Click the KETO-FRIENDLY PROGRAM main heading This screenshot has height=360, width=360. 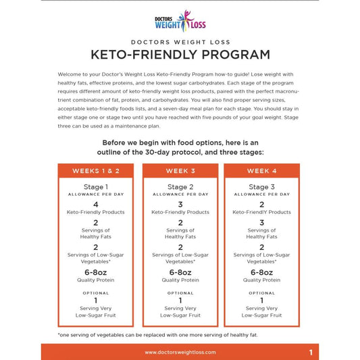180,55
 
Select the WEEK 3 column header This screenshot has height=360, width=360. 180,171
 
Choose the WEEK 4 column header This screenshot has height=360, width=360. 261,171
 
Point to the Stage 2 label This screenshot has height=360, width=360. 180,187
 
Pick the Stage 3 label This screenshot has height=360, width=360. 261,187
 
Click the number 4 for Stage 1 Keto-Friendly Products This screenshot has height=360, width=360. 95,204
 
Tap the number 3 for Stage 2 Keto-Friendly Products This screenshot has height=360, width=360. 180,204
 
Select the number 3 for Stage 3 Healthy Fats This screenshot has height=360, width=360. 261,222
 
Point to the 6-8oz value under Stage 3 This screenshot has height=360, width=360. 261,272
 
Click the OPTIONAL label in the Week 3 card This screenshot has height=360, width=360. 180,293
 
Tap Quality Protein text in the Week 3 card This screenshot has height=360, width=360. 180,280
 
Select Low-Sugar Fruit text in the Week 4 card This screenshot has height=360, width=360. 261,315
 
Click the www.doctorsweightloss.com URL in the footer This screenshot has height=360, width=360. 180,352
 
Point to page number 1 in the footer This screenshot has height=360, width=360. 311,352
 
